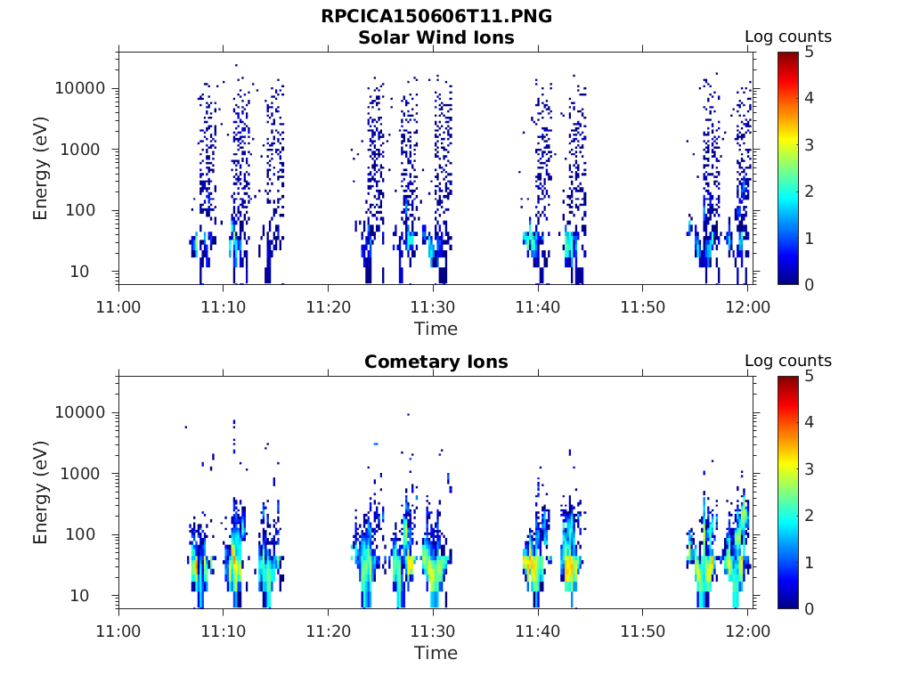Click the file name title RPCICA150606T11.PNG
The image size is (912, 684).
pyautogui.click(x=436, y=17)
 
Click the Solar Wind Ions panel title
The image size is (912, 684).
pyautogui.click(x=436, y=37)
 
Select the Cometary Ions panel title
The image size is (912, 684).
pyautogui.click(x=436, y=362)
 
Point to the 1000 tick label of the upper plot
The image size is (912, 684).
pyautogui.click(x=85, y=150)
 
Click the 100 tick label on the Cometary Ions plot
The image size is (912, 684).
pyautogui.click(x=90, y=534)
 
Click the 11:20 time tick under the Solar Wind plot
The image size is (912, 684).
pyautogui.click(x=329, y=307)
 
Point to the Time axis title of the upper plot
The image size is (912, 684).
pyautogui.click(x=436, y=329)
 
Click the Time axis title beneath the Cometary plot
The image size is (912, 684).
pyautogui.click(x=436, y=653)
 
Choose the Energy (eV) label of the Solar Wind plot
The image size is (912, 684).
pyautogui.click(x=41, y=168)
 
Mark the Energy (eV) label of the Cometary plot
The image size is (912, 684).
pyautogui.click(x=41, y=493)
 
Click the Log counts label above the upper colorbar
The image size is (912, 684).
pyautogui.click(x=787, y=37)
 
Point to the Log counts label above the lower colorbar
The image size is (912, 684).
pyautogui.click(x=787, y=361)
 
